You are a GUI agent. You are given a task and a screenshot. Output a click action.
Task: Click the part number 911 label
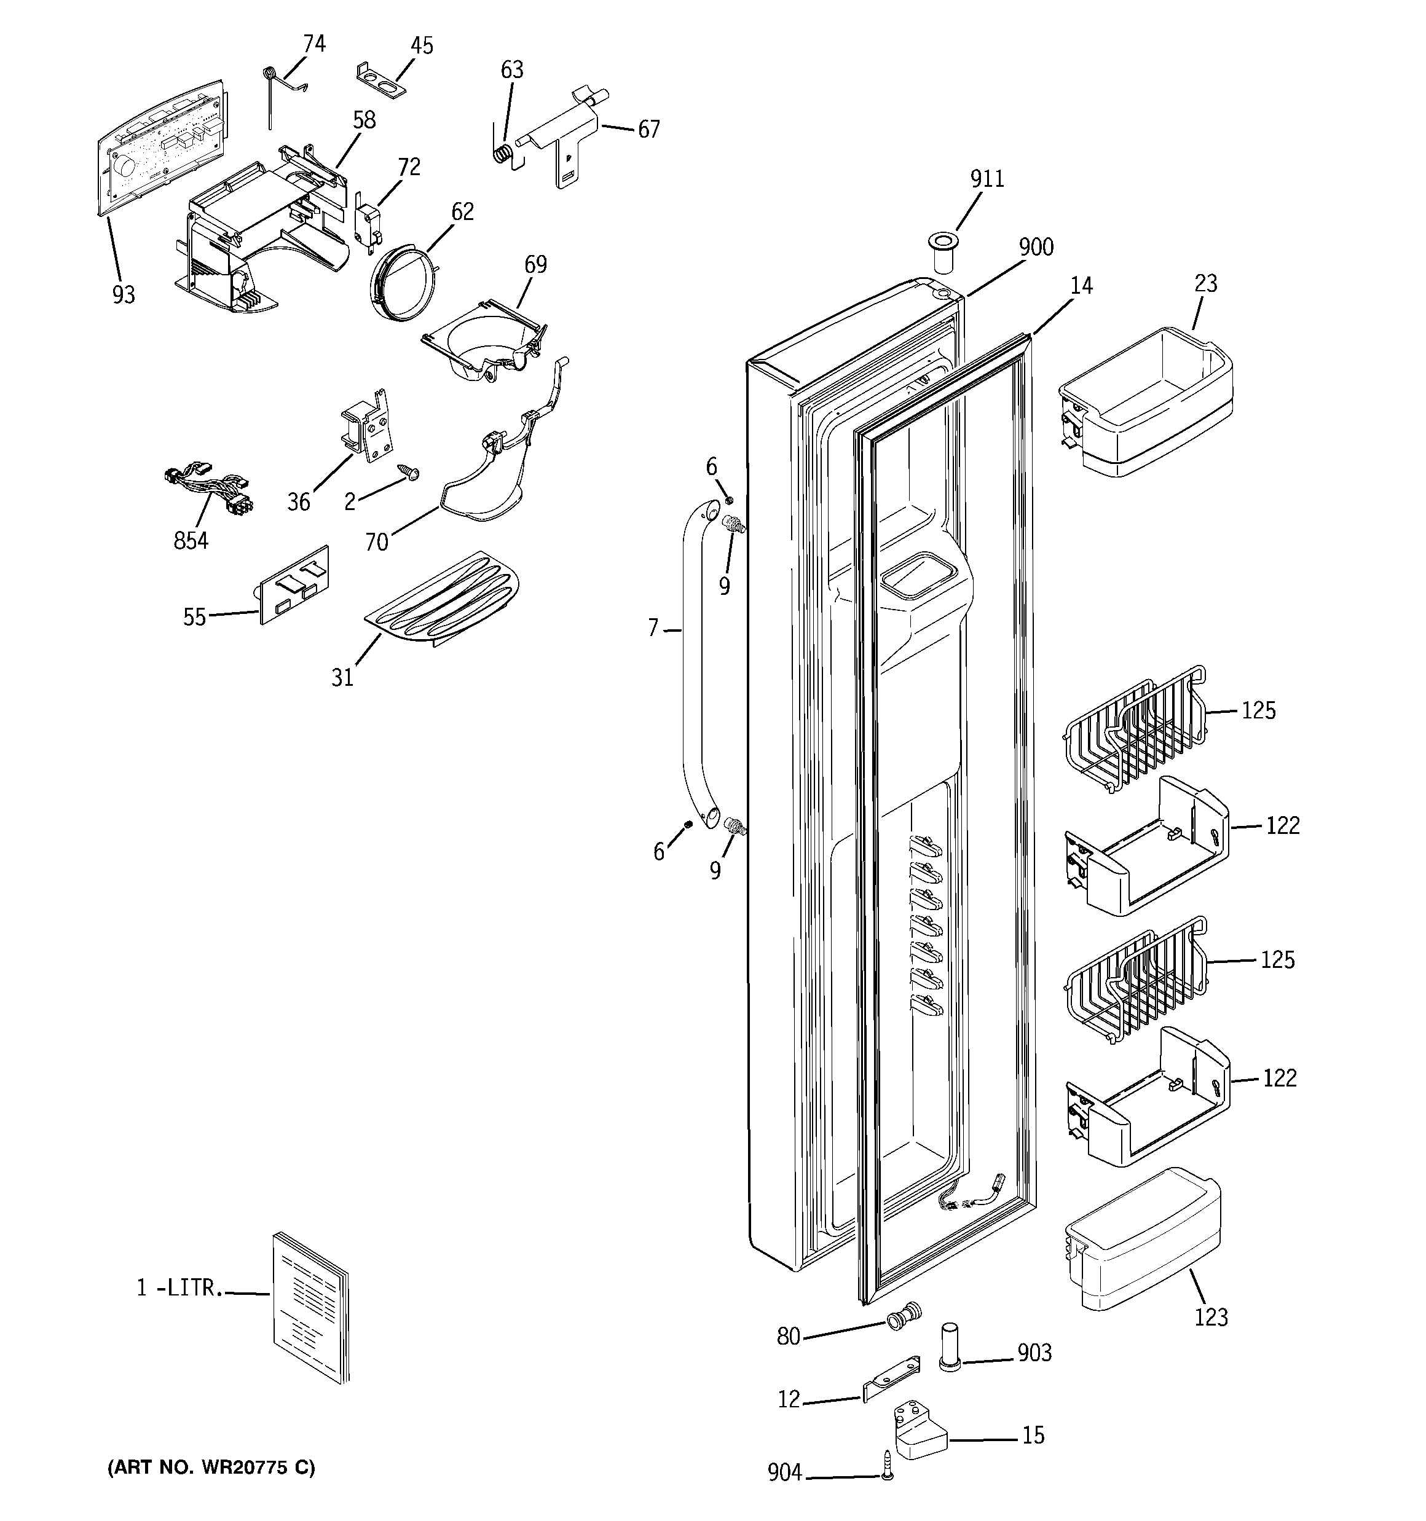coord(987,179)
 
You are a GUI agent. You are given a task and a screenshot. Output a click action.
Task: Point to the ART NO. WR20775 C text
coord(210,1468)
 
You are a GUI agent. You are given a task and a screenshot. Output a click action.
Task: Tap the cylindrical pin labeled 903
coord(949,1349)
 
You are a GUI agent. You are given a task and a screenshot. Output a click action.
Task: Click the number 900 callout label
coord(1035,248)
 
